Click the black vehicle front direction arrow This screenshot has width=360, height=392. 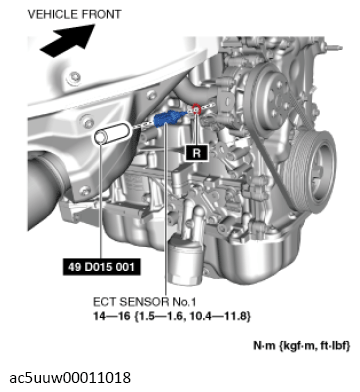click(68, 39)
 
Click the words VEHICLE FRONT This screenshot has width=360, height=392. click(74, 14)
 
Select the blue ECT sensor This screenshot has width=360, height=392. click(169, 118)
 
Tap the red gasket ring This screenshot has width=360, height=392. click(196, 109)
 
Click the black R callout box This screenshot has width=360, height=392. click(197, 153)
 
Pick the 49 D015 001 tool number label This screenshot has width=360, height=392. click(101, 267)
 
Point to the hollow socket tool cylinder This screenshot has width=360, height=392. click(111, 134)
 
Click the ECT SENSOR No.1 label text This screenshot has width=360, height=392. click(144, 302)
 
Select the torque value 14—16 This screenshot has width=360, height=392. click(112, 315)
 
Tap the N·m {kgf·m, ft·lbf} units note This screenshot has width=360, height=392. click(302, 346)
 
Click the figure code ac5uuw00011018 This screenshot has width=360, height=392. click(70, 378)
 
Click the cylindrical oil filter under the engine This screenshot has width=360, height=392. click(185, 261)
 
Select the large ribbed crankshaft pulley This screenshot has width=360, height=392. click(313, 171)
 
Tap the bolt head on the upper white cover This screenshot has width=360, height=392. click(73, 79)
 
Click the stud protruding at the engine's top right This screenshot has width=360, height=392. click(334, 47)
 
